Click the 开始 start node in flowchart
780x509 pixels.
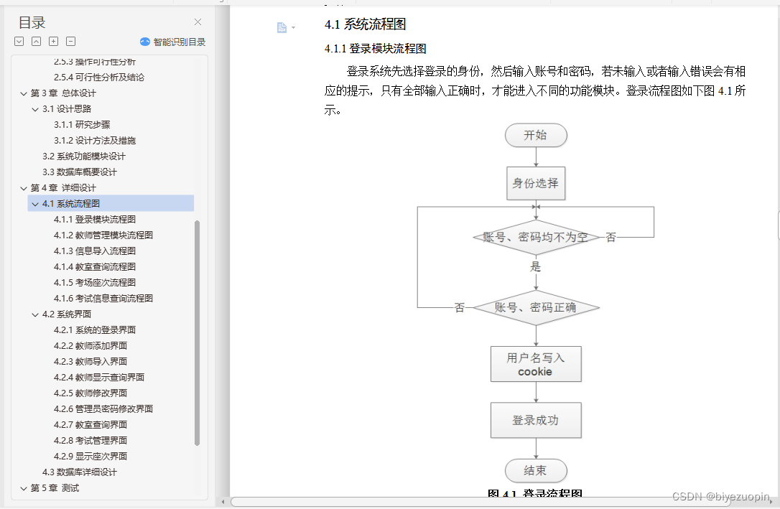coord(536,135)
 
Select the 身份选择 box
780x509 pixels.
coord(536,183)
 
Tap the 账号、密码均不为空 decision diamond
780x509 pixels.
coord(536,237)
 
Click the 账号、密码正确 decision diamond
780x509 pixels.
coord(536,307)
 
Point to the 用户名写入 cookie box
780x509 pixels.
coord(536,364)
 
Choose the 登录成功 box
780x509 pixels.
coord(536,420)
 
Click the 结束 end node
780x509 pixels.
coord(536,471)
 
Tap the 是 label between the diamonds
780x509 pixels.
coord(535,266)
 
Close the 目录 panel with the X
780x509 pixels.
coord(198,22)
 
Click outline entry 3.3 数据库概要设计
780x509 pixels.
coord(79,172)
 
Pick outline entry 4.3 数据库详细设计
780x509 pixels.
coord(79,472)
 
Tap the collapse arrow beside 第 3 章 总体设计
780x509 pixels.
coord(24,93)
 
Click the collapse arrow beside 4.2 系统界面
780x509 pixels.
coord(35,314)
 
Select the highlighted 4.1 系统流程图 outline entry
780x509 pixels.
coord(71,203)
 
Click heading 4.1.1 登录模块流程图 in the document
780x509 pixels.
coord(376,49)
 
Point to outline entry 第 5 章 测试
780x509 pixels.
coord(55,487)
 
